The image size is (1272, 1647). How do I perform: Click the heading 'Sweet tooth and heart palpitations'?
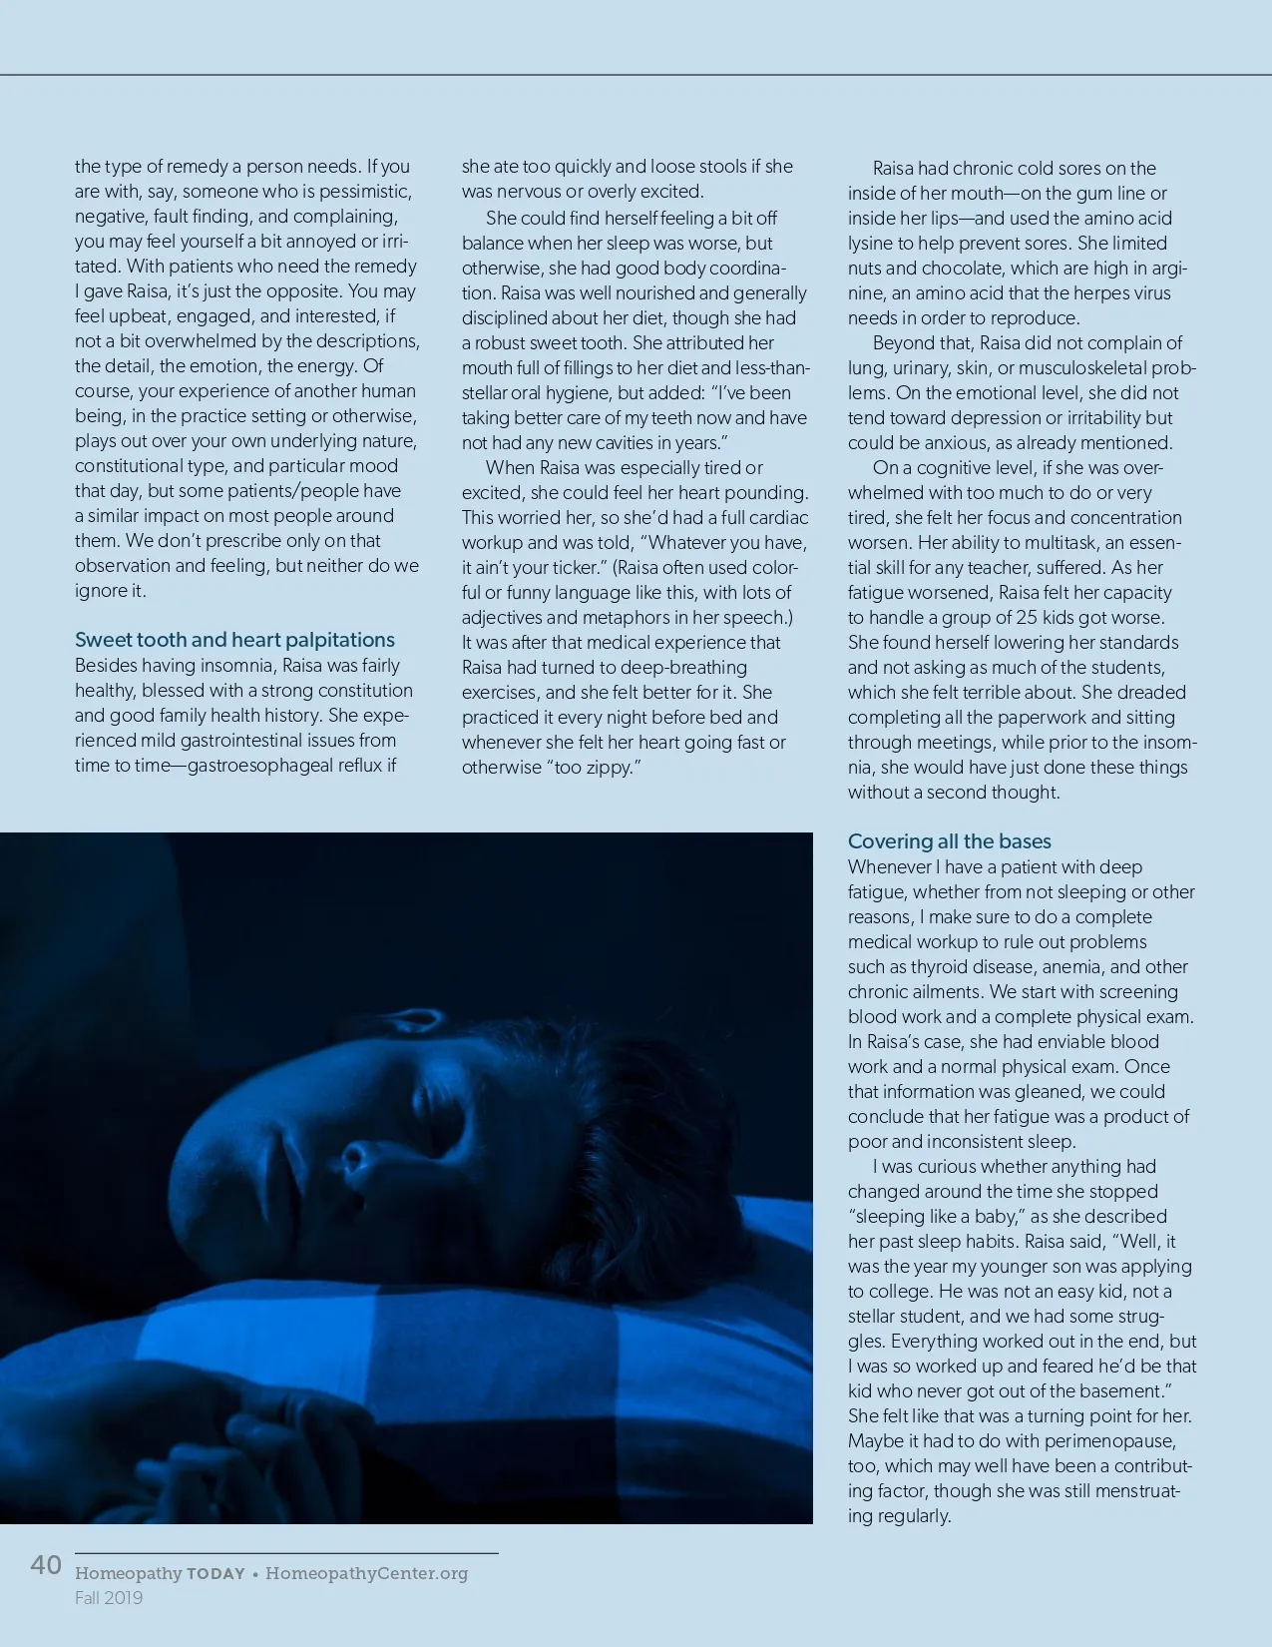coord(234,640)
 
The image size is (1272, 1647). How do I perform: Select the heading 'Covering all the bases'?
coord(949,841)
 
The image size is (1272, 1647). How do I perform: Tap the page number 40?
coord(46,1564)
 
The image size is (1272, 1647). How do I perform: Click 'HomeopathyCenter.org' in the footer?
coord(366,1573)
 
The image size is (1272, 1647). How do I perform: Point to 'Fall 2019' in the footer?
coord(109,1598)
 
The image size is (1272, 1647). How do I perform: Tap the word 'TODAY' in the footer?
coord(215,1574)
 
